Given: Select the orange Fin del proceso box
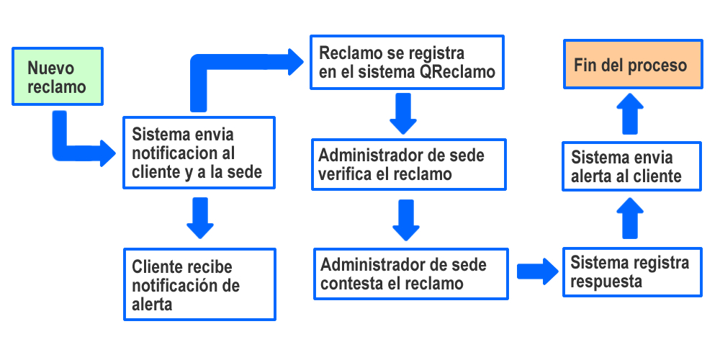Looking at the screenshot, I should pos(631,66).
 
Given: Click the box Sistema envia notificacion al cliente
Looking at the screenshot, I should pos(198,153).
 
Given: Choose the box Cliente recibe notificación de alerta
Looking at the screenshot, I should pos(199,285).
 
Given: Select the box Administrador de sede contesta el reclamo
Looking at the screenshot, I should pos(410,274).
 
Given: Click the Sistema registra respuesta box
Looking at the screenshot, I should pos(631,272).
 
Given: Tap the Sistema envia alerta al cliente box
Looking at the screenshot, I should pos(631,167).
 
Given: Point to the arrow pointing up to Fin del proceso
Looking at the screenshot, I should pos(631,112).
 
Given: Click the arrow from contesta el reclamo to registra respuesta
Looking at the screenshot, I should pos(536,271).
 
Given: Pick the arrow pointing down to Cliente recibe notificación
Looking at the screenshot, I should pos(200,218).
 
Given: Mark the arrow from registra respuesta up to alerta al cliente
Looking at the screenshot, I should pos(631,217).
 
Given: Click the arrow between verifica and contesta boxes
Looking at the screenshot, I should pos(406,220).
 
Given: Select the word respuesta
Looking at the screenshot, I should pos(606,282).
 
